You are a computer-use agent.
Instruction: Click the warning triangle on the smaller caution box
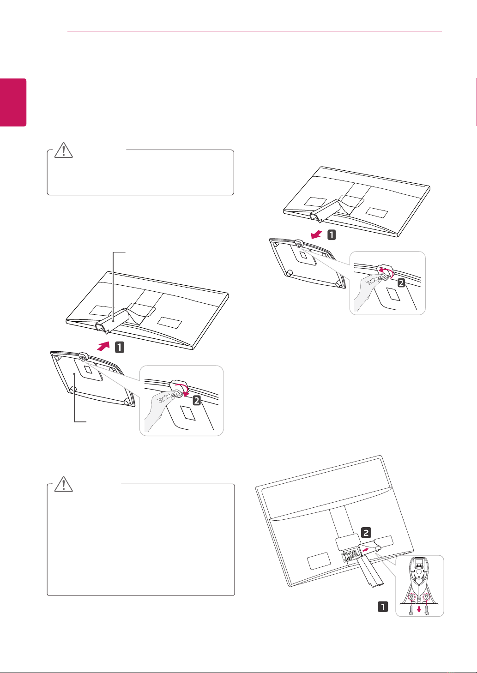63,150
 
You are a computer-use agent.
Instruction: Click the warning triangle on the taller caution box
63,484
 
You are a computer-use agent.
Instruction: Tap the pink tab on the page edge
13,102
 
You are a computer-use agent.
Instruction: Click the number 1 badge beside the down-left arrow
332,234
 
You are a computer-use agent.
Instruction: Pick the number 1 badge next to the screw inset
383,607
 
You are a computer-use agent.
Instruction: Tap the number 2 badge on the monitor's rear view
366,532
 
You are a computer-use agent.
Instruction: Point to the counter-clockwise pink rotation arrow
386,272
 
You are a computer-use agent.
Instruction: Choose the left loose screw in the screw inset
411,610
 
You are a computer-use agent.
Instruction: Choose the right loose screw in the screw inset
427,610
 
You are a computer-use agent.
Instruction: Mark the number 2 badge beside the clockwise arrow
197,400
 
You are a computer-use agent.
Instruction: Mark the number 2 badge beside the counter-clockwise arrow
401,282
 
